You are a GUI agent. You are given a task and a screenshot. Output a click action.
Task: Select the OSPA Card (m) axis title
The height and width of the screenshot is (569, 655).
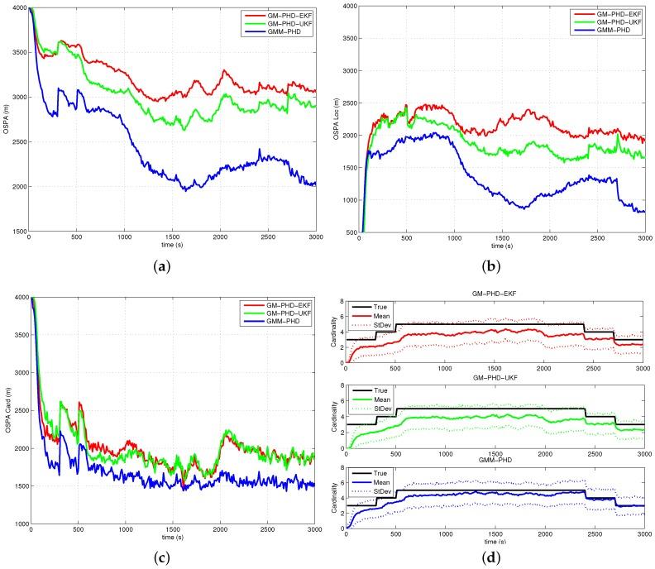[7, 410]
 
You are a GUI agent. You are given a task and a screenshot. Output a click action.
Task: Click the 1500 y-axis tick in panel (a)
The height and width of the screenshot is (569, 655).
[17, 232]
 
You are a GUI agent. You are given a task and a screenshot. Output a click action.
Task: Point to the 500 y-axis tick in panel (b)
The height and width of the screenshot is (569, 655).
[350, 232]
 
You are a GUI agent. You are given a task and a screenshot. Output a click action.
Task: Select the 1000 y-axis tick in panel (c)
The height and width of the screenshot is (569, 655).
[17, 524]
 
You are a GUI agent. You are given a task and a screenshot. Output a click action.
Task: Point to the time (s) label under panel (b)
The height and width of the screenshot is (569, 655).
[502, 246]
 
